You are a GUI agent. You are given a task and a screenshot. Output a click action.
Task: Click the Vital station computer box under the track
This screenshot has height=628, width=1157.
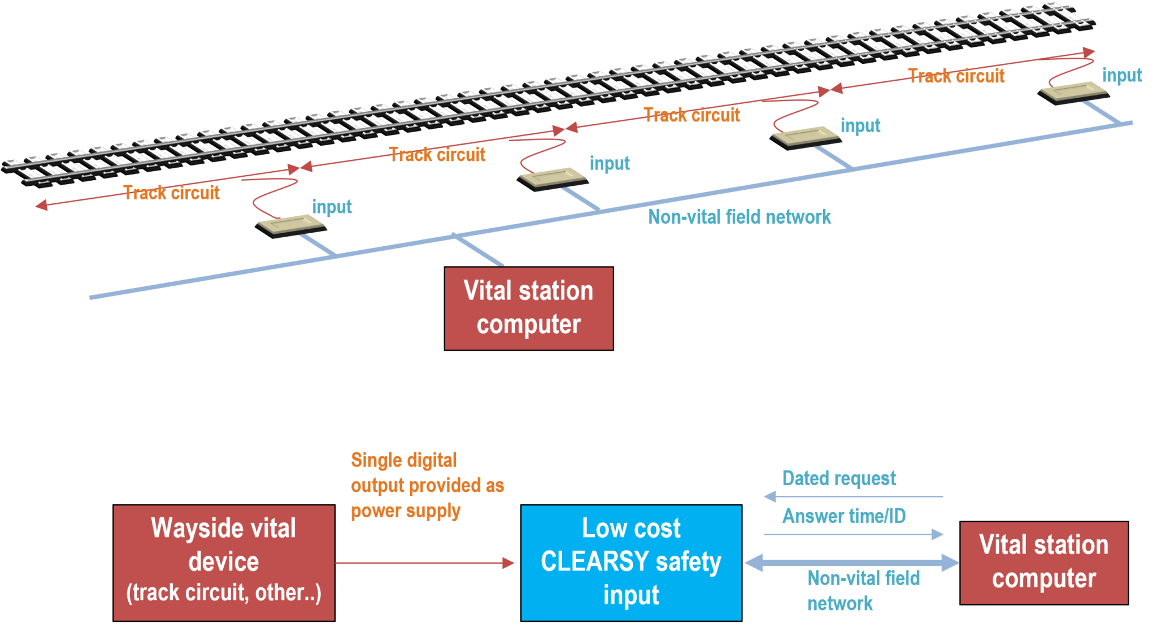[x=528, y=308]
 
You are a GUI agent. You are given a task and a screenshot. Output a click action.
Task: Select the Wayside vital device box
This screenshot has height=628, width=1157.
[x=224, y=562]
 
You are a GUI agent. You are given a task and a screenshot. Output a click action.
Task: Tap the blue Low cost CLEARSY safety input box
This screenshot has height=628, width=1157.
[x=631, y=562]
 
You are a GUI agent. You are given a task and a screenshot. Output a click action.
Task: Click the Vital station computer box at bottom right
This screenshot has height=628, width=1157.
[x=1044, y=562]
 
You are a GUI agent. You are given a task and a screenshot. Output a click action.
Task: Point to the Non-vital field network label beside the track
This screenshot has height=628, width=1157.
[x=740, y=217]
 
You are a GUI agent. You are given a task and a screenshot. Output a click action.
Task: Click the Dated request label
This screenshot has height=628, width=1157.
[x=839, y=479]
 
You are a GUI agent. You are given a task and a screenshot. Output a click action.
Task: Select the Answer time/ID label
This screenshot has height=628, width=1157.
[x=843, y=516]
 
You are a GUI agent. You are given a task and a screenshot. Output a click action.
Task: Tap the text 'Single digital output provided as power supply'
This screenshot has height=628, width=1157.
[x=427, y=486]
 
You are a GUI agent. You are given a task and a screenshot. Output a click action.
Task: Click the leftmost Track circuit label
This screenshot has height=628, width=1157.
[x=172, y=193]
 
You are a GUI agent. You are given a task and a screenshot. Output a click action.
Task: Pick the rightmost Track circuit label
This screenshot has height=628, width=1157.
[x=956, y=76]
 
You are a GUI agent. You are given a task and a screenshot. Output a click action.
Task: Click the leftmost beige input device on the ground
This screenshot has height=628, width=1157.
[x=291, y=225]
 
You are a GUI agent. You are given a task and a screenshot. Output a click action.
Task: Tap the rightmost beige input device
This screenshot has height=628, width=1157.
[x=1073, y=91]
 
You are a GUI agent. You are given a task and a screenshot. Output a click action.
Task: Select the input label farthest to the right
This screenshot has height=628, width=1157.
[x=1121, y=75]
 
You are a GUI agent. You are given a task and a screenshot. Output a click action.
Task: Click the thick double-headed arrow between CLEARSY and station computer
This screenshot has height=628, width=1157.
[x=851, y=562]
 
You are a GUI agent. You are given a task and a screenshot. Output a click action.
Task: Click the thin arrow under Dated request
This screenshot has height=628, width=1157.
[x=853, y=497]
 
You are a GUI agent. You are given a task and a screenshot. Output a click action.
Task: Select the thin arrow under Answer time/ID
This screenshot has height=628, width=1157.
[x=853, y=534]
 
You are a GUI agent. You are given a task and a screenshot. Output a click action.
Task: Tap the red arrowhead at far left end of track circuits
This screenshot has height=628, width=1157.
[x=41, y=206]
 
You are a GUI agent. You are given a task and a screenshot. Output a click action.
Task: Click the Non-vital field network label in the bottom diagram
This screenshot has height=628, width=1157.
[x=863, y=591]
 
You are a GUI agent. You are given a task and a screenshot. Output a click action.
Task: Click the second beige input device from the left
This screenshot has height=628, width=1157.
[x=553, y=179]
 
